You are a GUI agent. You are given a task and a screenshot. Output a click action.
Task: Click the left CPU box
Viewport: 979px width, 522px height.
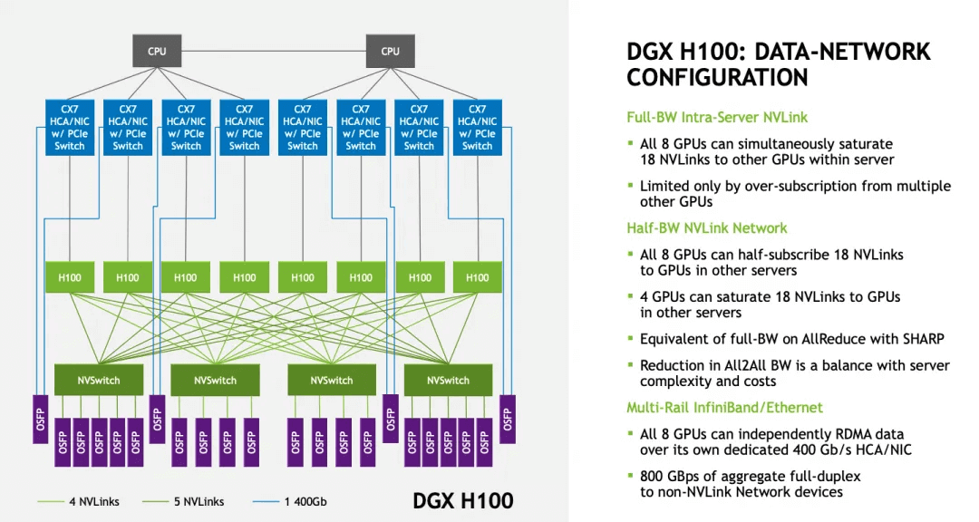(157, 51)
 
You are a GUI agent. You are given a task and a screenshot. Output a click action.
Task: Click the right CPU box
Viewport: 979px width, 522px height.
(390, 51)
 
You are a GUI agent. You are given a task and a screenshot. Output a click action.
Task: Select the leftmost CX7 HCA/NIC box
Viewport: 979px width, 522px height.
(70, 128)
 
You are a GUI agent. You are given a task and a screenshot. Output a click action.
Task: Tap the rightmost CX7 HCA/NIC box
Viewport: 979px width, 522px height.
(477, 128)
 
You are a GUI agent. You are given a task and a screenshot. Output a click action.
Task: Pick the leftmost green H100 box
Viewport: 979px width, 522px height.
(70, 277)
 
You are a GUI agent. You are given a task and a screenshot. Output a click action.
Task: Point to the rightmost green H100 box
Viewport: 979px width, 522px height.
(477, 277)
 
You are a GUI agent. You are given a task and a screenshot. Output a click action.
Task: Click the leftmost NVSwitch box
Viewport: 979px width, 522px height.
(99, 381)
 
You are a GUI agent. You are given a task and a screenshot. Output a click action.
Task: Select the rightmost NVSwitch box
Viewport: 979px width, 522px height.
(448, 381)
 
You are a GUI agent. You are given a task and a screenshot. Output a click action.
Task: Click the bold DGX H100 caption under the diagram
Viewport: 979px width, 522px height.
(462, 500)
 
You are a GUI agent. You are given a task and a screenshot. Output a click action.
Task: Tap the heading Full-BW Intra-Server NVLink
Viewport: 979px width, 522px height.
(716, 117)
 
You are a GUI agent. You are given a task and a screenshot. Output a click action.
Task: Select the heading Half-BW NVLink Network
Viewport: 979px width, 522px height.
(706, 228)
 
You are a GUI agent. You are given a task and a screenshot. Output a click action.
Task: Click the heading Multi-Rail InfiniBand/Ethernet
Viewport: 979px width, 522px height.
(724, 408)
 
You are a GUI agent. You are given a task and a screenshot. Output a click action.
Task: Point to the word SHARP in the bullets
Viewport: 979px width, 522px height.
(921, 338)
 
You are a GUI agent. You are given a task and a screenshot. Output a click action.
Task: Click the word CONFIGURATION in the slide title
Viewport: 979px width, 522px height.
(717, 78)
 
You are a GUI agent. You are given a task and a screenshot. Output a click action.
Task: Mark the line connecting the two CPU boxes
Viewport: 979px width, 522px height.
(273, 51)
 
